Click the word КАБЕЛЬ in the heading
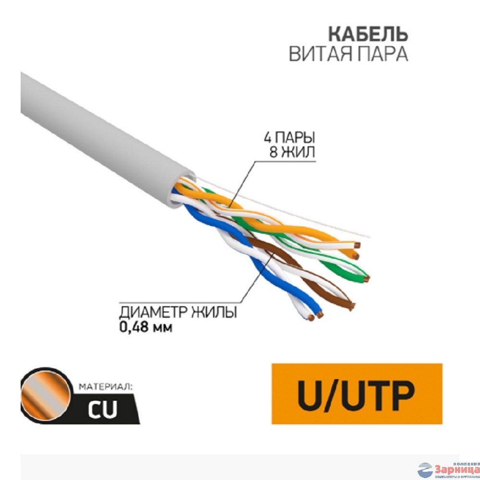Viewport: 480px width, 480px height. pos(368,35)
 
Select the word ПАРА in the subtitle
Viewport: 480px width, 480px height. pos(383,54)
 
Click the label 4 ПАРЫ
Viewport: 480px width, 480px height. pos(289,138)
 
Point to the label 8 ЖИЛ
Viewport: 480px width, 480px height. pos(293,153)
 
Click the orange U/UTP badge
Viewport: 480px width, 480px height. pos(357,394)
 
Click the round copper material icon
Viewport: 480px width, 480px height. pos(45,393)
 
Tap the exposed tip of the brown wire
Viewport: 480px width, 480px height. pos(353,305)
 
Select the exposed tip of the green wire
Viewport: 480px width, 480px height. pos(367,278)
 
